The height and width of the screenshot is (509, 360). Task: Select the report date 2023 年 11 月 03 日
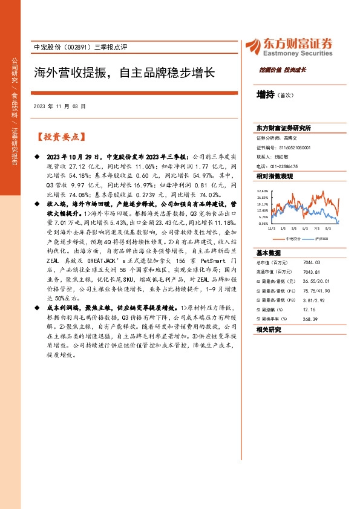click(x=60, y=105)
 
